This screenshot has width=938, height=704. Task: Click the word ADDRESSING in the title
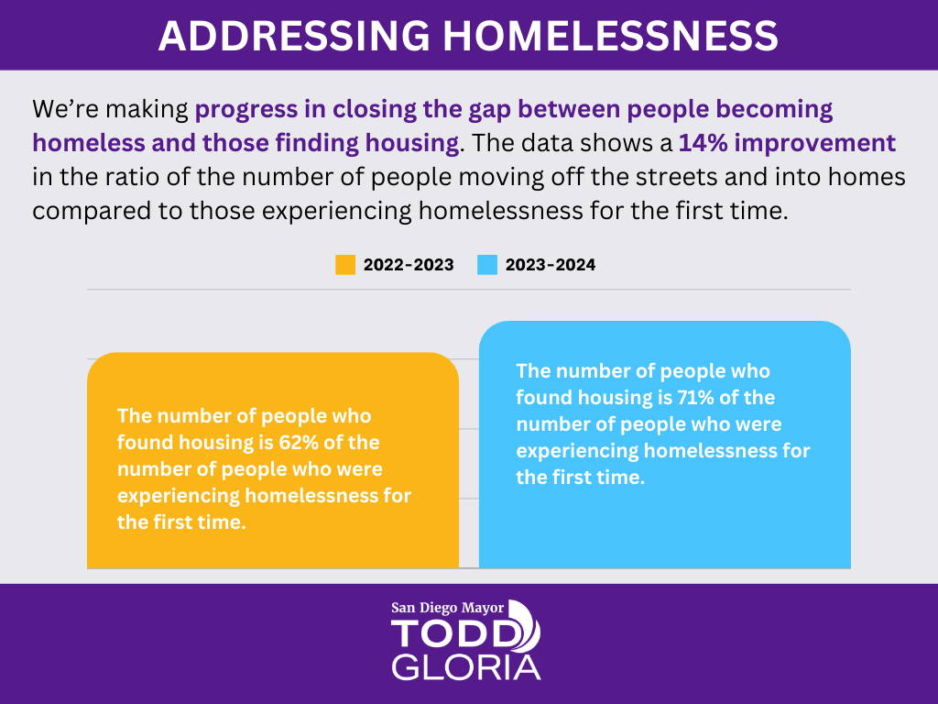click(x=294, y=36)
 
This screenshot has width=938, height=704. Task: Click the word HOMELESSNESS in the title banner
click(x=611, y=36)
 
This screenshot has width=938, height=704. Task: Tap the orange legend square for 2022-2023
click(x=345, y=265)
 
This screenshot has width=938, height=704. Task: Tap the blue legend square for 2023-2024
click(x=487, y=265)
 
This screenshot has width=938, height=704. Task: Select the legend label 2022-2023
click(x=409, y=265)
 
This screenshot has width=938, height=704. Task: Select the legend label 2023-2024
click(x=551, y=265)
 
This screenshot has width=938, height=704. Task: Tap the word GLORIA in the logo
click(x=466, y=667)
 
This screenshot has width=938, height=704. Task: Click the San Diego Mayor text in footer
click(x=447, y=608)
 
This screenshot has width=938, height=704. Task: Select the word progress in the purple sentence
click(x=246, y=110)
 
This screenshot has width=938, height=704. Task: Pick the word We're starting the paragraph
click(x=64, y=109)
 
